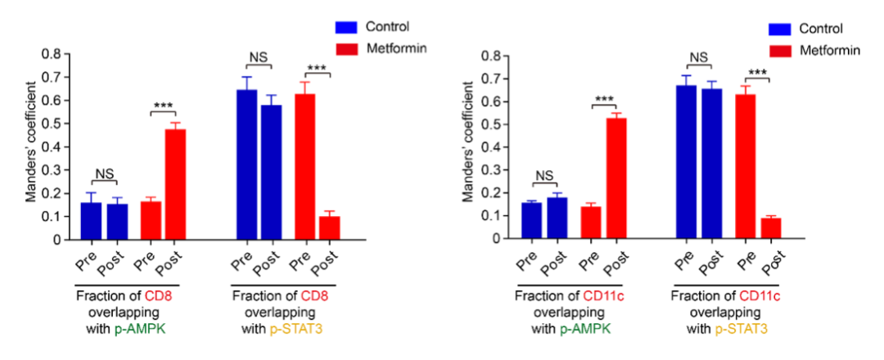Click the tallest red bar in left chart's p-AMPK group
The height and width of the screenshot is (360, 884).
(175, 184)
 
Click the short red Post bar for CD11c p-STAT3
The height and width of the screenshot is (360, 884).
(770, 228)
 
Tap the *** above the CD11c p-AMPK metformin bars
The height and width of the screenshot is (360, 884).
(604, 100)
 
